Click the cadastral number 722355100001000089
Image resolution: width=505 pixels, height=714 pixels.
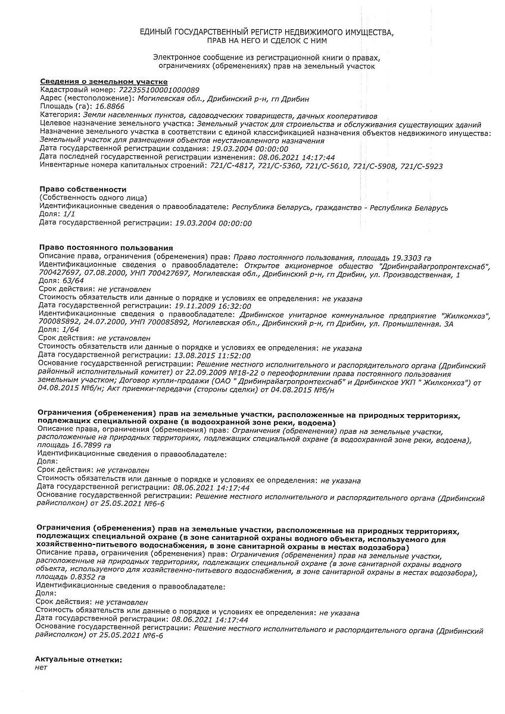pos(160,89)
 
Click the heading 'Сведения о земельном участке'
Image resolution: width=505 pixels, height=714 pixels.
pos(104,82)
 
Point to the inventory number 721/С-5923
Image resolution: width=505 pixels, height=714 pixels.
pos(422,166)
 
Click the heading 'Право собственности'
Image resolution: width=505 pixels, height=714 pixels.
pos(83,189)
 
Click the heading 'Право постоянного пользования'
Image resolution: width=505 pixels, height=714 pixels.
pos(106,247)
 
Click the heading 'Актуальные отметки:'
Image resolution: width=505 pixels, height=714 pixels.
pos(78,659)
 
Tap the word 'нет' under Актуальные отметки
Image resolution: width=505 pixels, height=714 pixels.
pos(41,668)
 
